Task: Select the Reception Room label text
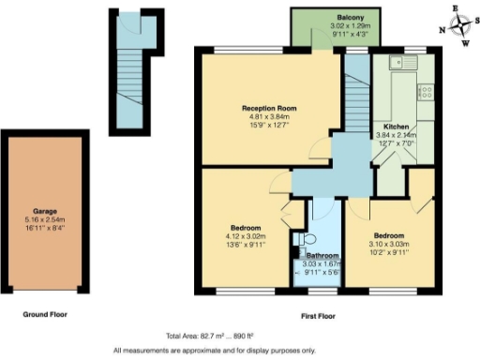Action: [x=268, y=109]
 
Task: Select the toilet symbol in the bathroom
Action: [x=298, y=240]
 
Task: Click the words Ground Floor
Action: [x=45, y=315]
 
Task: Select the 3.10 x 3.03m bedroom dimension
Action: [x=389, y=243]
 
